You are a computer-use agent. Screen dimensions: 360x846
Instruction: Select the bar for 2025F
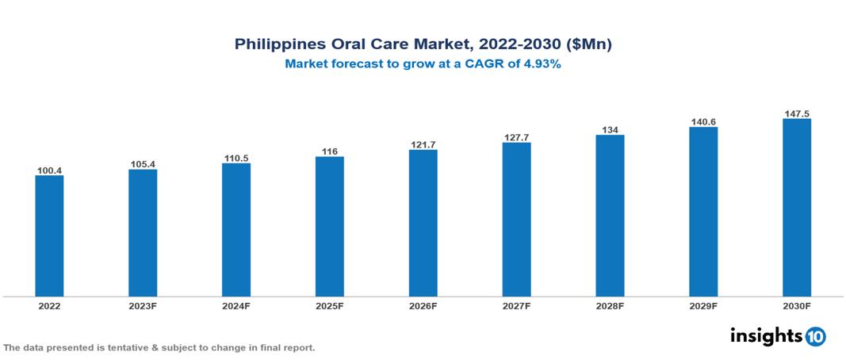[330, 226]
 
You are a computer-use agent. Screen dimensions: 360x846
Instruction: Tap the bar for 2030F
[796, 207]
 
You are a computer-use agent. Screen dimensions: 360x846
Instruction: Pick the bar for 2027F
[516, 219]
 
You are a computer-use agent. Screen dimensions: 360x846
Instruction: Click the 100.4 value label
[49, 170]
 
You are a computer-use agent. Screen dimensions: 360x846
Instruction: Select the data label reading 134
[610, 130]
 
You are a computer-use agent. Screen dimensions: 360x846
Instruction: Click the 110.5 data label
[236, 159]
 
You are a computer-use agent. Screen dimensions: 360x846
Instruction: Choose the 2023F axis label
[143, 305]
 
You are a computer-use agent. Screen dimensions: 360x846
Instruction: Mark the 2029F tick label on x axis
[703, 305]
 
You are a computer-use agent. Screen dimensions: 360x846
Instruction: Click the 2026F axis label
[423, 305]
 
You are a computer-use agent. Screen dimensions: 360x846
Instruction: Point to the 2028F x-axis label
[610, 305]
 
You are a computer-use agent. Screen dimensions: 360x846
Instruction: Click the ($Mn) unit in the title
[588, 44]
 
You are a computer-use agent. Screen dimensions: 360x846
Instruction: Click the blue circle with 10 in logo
[815, 336]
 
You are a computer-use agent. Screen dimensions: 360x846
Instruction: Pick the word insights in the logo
[766, 335]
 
